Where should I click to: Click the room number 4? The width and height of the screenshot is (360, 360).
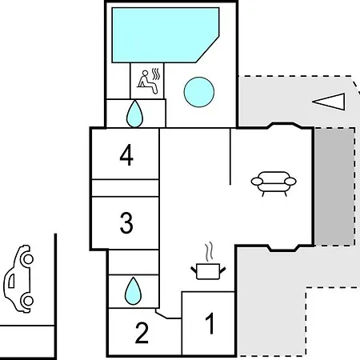tap(126, 155)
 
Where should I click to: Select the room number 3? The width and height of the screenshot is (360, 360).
tap(126, 223)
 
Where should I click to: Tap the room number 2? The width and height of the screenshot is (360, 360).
tap(142, 333)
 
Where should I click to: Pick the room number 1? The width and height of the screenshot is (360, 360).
tap(210, 323)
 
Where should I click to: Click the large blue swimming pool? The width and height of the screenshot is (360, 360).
tap(162, 35)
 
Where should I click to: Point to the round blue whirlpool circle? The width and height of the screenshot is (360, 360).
tap(199, 92)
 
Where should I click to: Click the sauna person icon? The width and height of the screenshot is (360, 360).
tap(146, 82)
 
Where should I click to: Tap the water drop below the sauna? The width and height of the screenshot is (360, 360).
tap(134, 114)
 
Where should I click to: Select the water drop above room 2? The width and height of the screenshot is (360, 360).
tap(133, 291)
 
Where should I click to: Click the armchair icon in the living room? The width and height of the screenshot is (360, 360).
tap(274, 183)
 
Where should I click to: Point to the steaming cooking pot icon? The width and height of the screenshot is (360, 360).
tap(208, 271)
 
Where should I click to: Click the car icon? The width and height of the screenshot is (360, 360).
tap(18, 278)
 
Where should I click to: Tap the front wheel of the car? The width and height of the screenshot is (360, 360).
tap(28, 258)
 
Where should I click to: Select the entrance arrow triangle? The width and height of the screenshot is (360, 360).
tap(329, 102)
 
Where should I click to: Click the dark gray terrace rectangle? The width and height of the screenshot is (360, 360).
tap(334, 186)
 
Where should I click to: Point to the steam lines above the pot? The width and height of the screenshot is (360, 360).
tap(209, 251)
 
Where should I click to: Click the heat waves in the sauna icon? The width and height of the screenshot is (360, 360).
tap(156, 74)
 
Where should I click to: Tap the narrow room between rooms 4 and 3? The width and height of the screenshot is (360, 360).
tap(126, 188)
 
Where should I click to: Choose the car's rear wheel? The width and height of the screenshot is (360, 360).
tap(28, 301)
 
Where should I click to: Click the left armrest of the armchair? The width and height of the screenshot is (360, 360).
tap(257, 182)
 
